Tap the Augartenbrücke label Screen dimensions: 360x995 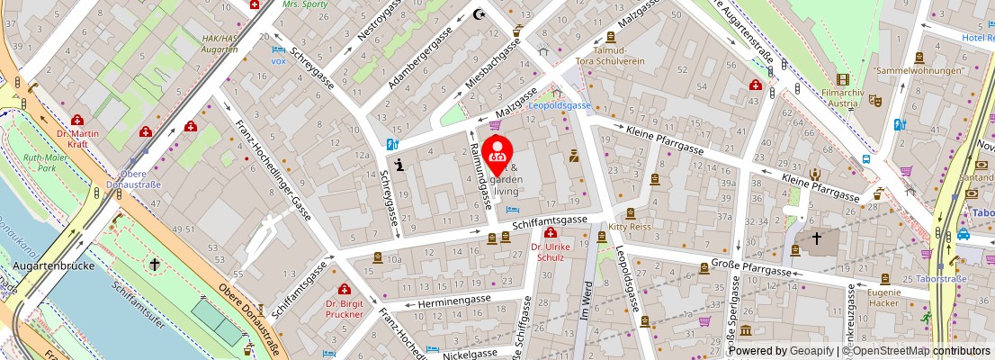(x=49, y=265)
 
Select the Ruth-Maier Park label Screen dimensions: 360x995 (x=46, y=162)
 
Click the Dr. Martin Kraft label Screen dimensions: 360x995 (x=77, y=139)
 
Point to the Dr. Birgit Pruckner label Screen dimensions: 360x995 (x=344, y=309)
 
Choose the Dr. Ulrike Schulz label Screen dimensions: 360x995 (x=548, y=252)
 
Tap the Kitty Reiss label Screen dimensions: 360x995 (x=629, y=228)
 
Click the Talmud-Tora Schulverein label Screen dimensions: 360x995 (x=611, y=56)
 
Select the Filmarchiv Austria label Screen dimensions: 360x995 (x=843, y=97)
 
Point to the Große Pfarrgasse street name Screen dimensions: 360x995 (x=751, y=265)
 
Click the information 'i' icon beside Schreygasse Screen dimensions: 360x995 (x=399, y=163)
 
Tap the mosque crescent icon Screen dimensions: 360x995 (x=479, y=14)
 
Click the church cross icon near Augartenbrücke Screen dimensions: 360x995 (x=155, y=265)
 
